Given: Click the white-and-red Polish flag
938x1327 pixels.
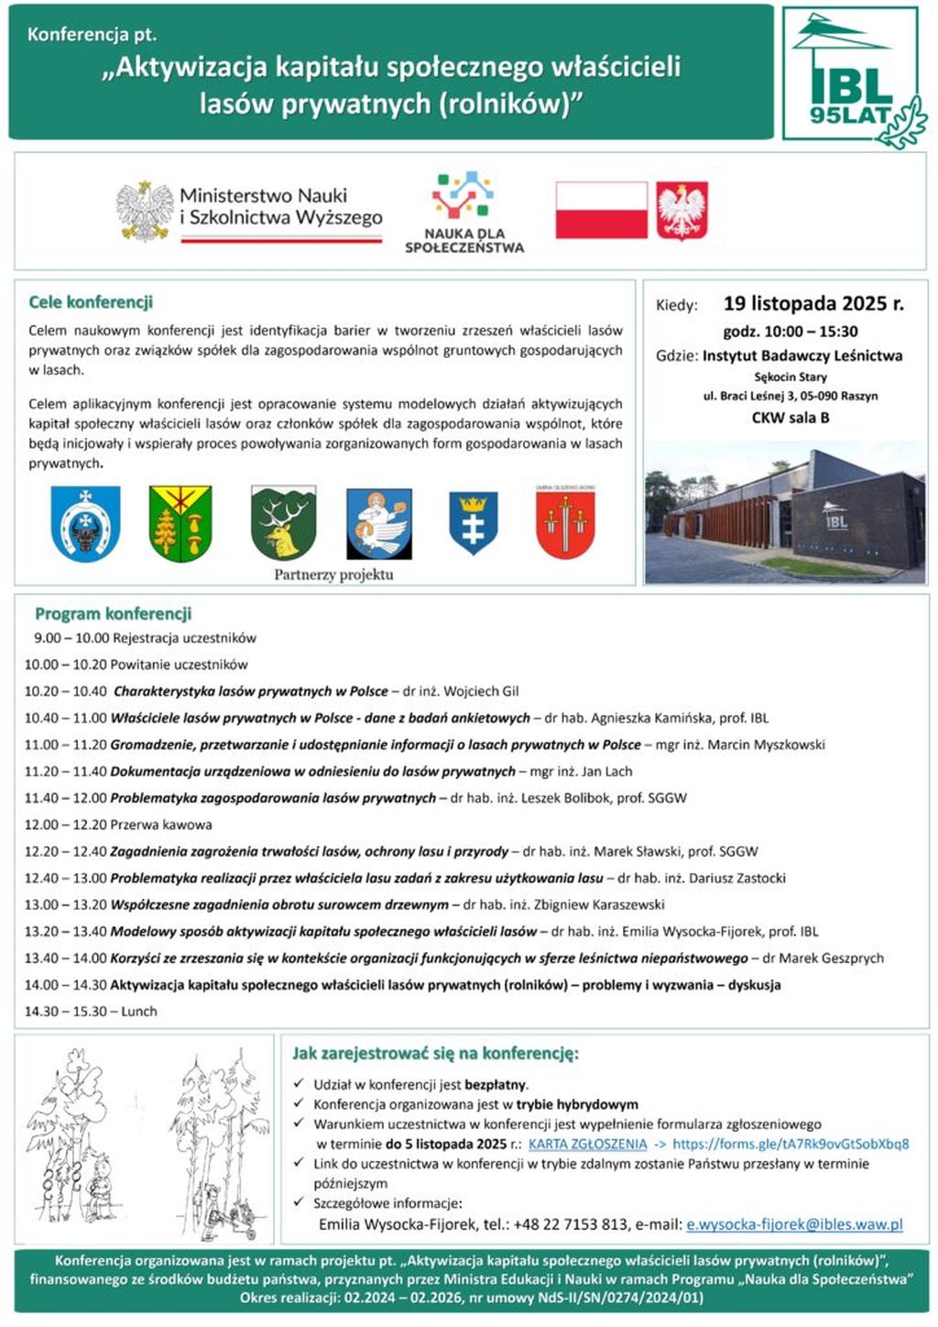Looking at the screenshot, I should (601, 210).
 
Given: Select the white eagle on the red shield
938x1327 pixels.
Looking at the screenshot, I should (682, 210).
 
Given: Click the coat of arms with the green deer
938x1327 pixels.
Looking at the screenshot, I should (283, 523).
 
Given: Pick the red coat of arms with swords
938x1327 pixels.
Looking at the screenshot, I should (565, 523).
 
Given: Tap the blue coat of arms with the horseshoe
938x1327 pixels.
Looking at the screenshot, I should (85, 523).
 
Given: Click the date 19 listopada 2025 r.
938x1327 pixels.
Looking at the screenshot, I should (813, 303).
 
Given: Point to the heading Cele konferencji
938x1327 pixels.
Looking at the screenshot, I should (91, 302).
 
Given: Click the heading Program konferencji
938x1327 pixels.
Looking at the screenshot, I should (113, 614).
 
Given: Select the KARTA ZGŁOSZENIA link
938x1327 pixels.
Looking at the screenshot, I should (587, 1144).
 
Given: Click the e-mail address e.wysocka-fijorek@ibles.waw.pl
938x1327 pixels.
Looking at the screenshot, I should (794, 1224).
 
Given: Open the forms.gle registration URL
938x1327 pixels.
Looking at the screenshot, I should (791, 1144).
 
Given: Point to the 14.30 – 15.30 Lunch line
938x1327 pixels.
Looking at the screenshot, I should (91, 1012).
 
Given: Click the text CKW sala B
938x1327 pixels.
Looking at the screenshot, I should (790, 418).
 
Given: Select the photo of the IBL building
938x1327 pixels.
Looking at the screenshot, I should (785, 513).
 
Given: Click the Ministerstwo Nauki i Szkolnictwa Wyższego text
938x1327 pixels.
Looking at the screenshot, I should (280, 206).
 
